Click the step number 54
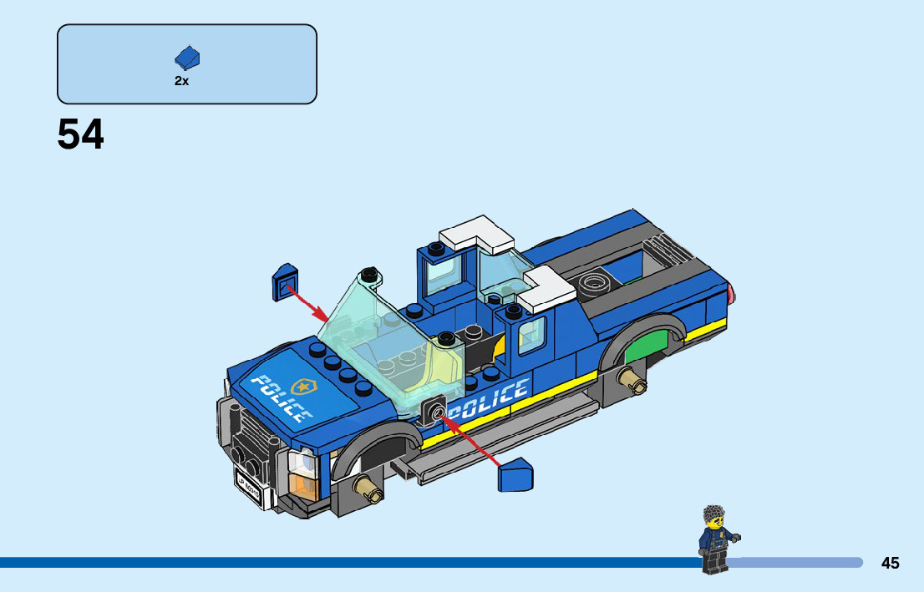coord(81,135)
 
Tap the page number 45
coord(890,564)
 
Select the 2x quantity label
coord(181,81)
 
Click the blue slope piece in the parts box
coord(187,58)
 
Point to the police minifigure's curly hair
coord(714,514)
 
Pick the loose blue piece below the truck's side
coord(515,477)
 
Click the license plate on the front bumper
coord(248,491)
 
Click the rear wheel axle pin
coord(632,382)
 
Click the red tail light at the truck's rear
coord(732,293)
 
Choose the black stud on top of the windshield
coord(368,273)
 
